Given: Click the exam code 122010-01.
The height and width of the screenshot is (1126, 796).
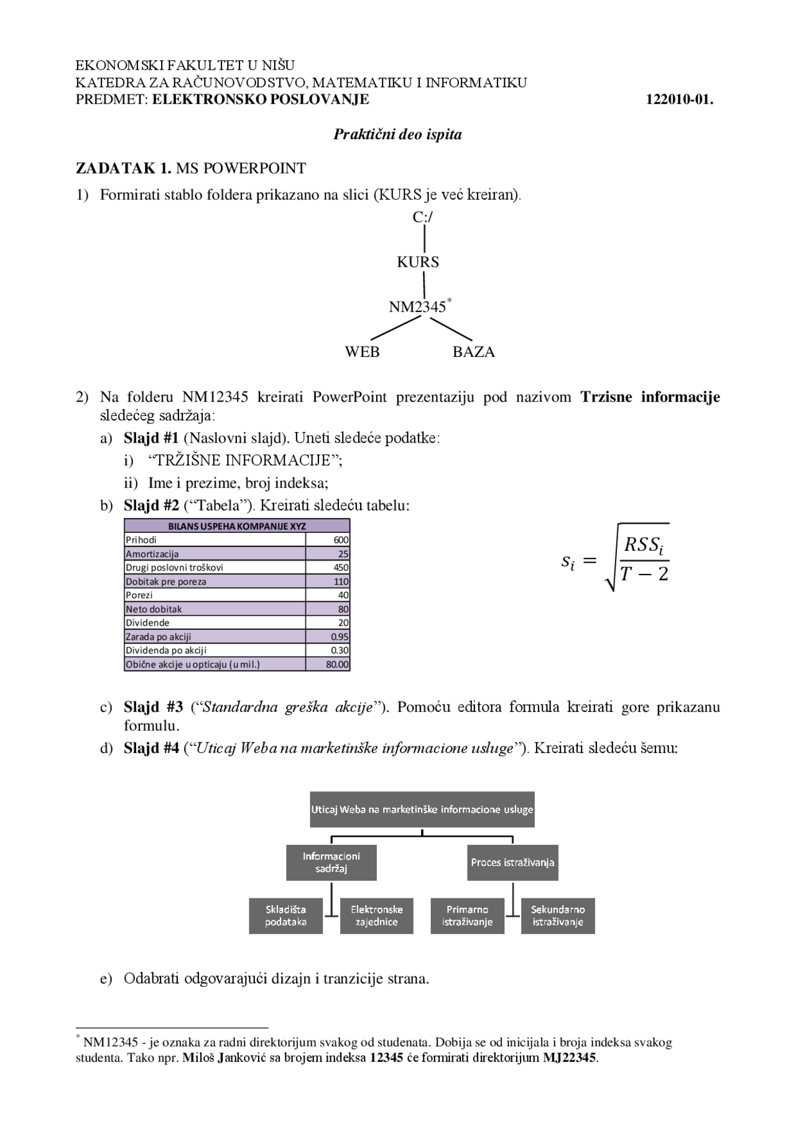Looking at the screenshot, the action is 680,99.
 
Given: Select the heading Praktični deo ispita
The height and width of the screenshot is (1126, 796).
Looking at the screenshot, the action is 397,134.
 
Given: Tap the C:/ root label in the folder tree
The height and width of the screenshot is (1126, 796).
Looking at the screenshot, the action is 423,217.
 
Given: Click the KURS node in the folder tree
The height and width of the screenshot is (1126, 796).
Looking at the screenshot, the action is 418,262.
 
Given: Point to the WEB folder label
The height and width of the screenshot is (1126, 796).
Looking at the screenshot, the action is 362,352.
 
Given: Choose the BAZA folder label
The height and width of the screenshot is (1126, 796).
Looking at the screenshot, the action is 474,352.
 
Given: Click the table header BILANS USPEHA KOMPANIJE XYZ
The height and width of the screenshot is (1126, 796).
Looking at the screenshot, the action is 237,526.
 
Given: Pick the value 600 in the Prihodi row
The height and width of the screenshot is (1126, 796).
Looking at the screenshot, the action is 341,540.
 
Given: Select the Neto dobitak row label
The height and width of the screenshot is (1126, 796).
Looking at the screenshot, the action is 154,609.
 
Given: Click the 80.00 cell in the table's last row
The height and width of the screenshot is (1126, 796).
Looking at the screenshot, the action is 338,664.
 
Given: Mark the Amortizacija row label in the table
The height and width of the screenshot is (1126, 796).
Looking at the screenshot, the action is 152,554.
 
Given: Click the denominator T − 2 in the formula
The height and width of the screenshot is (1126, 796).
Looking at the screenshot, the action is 644,573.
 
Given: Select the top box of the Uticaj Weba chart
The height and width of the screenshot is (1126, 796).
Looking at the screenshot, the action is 422,810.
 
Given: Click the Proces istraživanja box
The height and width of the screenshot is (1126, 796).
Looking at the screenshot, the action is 512,862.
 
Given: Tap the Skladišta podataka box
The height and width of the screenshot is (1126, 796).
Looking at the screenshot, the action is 286,916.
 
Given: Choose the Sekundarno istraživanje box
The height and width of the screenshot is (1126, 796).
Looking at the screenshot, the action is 558,916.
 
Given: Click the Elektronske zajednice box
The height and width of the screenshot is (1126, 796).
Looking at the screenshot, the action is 377,916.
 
